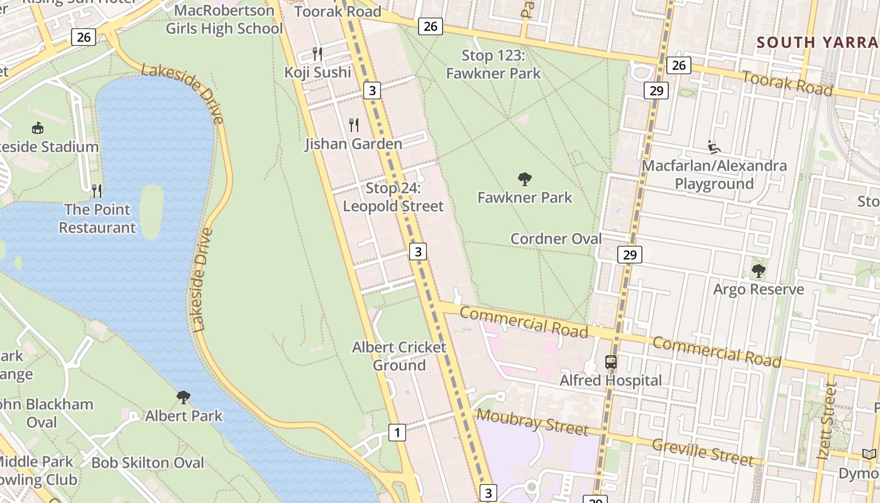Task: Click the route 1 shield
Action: point(397,433)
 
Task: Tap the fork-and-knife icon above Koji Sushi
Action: point(317,54)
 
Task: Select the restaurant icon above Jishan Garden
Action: point(354,125)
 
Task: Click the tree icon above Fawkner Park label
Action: point(525,179)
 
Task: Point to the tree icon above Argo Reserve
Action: point(759,271)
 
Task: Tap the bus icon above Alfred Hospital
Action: point(611,362)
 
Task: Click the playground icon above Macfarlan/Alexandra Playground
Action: point(714,147)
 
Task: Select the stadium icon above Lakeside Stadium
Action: point(38,128)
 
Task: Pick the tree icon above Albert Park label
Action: point(184,397)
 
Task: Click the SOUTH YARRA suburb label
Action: point(817,42)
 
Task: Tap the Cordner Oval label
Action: point(556,239)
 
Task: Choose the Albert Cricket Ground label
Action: point(399,356)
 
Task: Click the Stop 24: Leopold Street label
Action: point(393,197)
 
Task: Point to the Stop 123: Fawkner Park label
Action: point(493,64)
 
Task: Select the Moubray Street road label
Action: point(532,422)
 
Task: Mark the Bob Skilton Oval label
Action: point(148,463)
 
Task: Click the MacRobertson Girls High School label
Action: point(224,19)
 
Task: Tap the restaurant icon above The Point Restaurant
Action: point(97,190)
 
